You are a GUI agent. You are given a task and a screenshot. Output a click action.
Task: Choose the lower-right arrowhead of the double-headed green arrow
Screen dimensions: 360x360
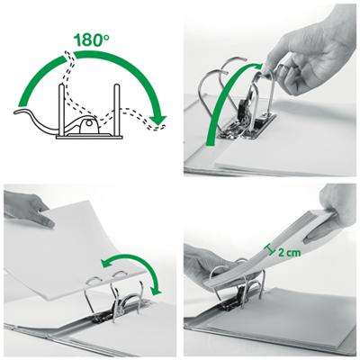point(157,288)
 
